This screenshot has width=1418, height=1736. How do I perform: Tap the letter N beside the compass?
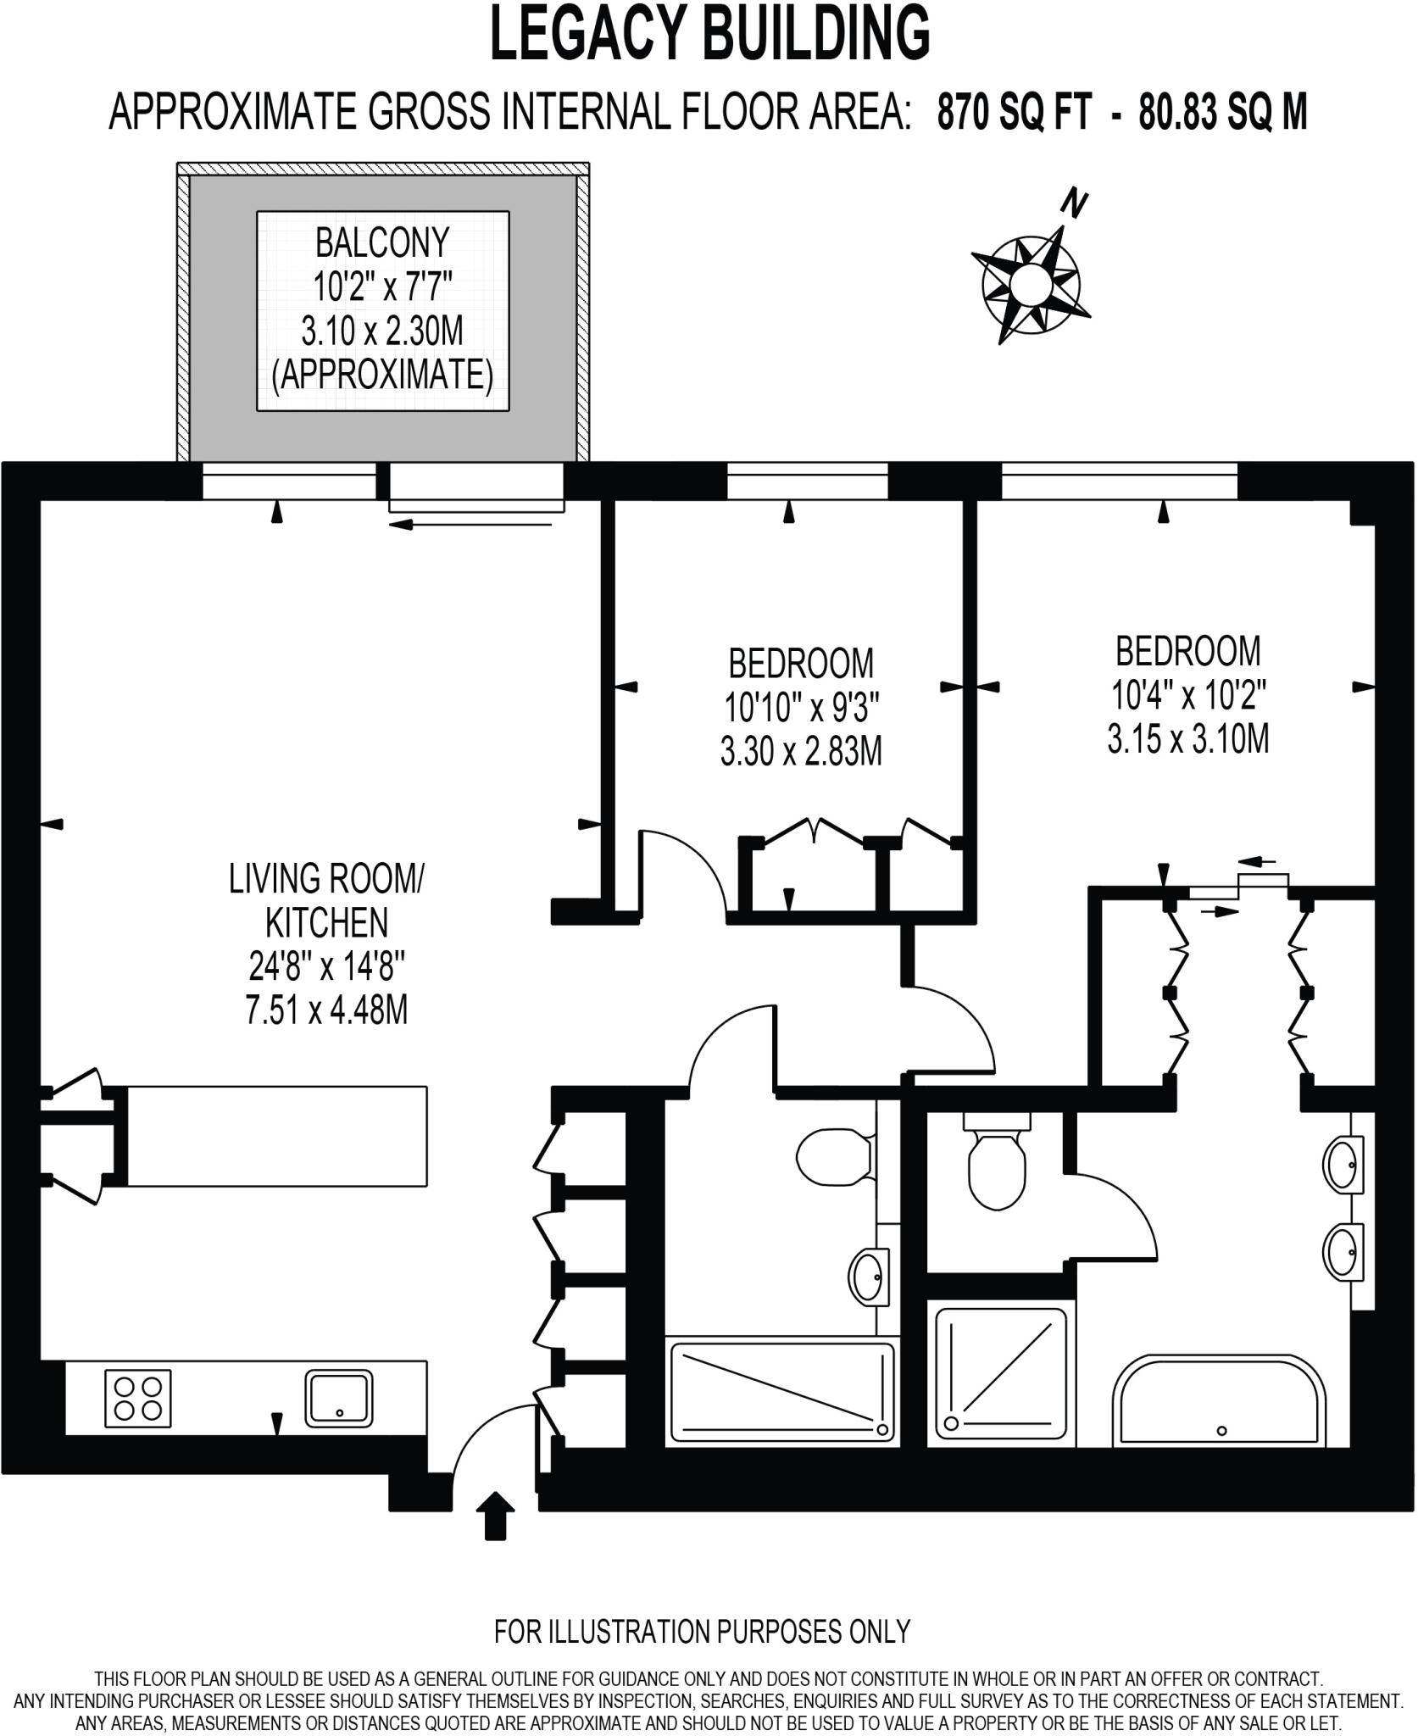(x=1075, y=203)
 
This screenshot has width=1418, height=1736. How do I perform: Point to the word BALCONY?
(x=381, y=244)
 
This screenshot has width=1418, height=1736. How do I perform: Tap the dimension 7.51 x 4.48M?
(x=326, y=1010)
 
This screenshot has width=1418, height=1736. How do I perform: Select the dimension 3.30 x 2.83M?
(x=801, y=751)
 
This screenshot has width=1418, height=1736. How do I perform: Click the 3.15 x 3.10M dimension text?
(x=1187, y=739)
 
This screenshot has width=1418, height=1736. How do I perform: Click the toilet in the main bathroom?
(x=835, y=1159)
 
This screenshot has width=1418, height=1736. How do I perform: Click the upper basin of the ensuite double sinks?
(x=1343, y=1166)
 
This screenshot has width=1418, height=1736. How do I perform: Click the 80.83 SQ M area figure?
(x=1222, y=113)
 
